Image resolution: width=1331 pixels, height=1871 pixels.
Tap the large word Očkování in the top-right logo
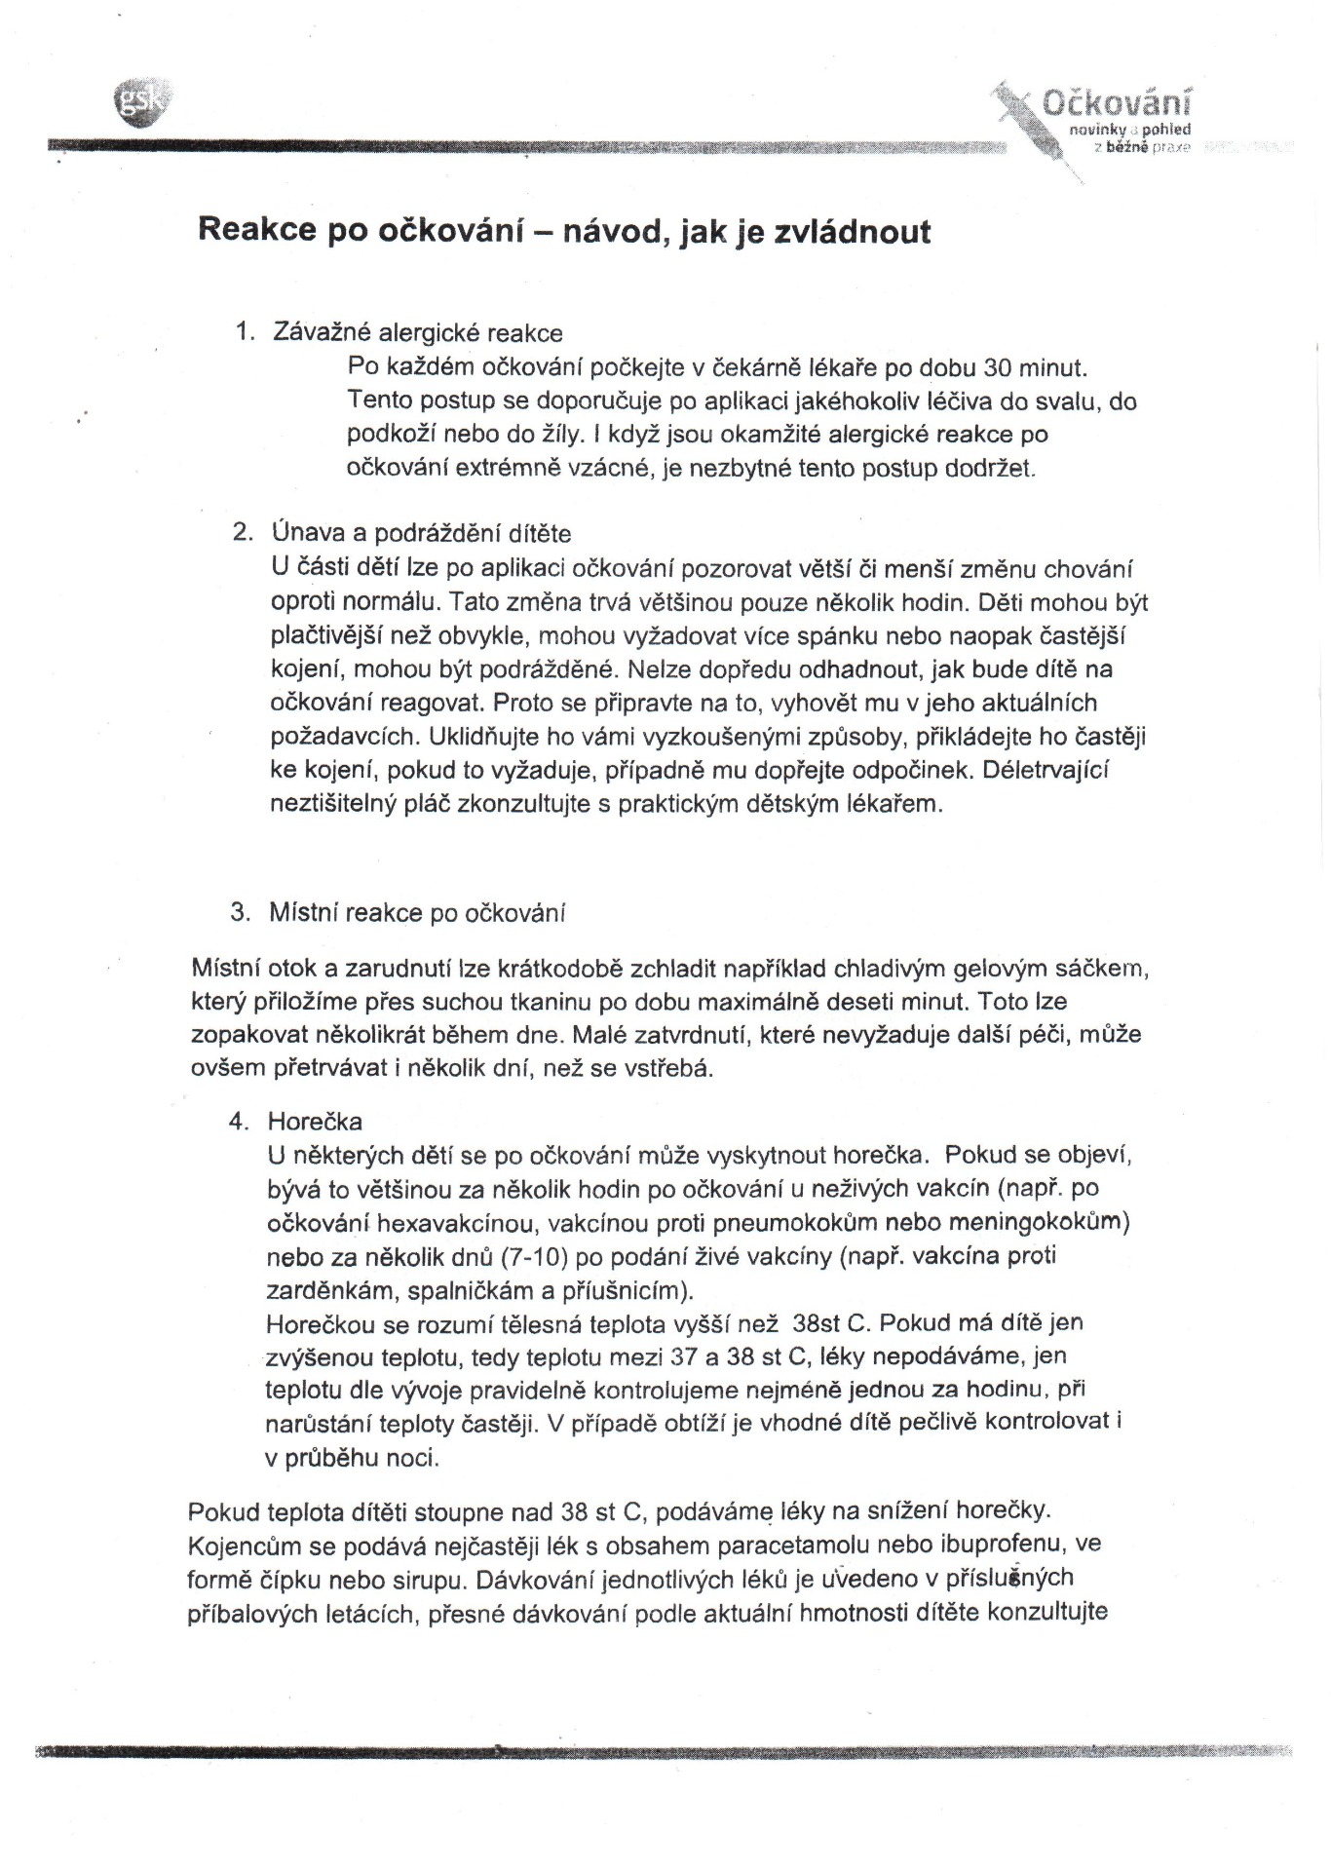click(x=1118, y=102)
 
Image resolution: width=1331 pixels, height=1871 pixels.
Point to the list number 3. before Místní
click(x=241, y=912)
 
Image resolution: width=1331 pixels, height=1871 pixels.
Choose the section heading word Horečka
click(x=315, y=1121)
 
